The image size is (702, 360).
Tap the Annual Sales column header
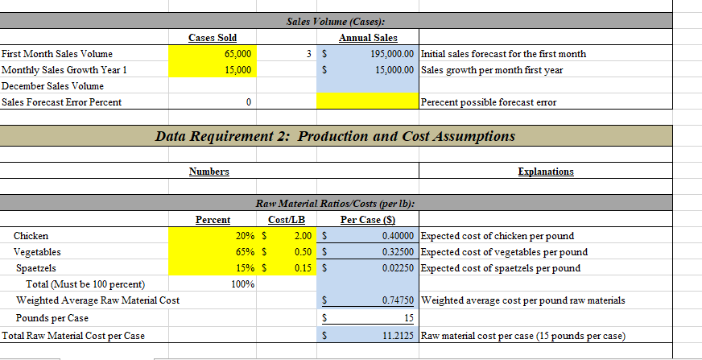(x=368, y=37)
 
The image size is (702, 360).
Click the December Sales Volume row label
(x=52, y=85)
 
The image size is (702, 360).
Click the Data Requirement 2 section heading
(x=334, y=136)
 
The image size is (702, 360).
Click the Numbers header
(x=209, y=172)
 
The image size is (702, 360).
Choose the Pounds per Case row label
(x=52, y=318)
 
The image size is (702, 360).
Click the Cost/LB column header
(x=286, y=220)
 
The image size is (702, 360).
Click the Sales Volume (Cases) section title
(x=335, y=21)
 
